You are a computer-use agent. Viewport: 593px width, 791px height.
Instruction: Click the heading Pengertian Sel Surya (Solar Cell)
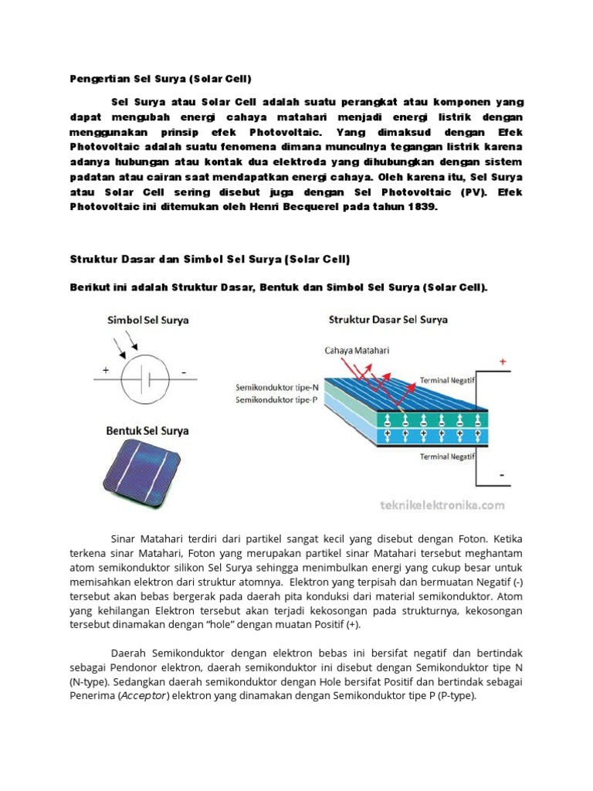pyautogui.click(x=161, y=79)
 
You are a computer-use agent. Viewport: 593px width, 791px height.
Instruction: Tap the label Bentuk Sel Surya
pyautogui.click(x=147, y=431)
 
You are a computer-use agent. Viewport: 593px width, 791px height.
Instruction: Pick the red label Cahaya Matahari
pyautogui.click(x=357, y=350)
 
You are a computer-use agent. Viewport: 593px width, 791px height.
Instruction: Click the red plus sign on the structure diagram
pyautogui.click(x=503, y=362)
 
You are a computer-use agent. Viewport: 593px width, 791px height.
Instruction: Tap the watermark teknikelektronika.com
pyautogui.click(x=442, y=505)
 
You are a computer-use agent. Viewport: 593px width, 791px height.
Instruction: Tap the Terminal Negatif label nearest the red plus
pyautogui.click(x=445, y=380)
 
